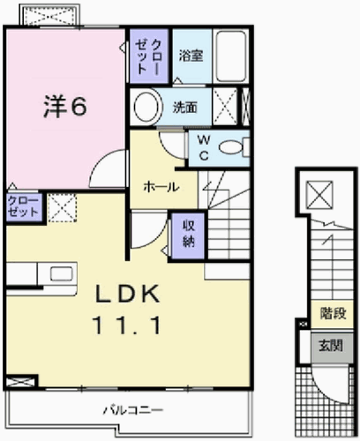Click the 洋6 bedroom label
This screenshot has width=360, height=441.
pos(65,107)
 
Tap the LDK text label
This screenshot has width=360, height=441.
pos(127,294)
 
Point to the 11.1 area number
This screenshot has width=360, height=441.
pos(127,325)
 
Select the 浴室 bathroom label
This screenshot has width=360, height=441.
pos(191,56)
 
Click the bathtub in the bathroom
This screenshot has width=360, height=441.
pos(231,56)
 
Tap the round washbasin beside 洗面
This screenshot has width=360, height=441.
pos(148,107)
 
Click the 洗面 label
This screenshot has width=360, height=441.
pos(184,108)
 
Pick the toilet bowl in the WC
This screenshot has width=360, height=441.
pos(231,147)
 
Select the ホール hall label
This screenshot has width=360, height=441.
pos(161,187)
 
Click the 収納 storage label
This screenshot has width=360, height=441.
pos(189,234)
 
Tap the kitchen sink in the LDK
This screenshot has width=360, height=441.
pos(62,273)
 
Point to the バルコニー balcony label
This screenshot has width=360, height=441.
pos(133,410)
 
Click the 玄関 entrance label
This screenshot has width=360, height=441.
pos(331,346)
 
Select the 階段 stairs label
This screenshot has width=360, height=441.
pos(333,313)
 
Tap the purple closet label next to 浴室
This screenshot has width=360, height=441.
pos(148,56)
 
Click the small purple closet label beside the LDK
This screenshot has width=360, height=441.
pos(23,206)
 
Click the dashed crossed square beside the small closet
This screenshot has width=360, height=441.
pos(63,207)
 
